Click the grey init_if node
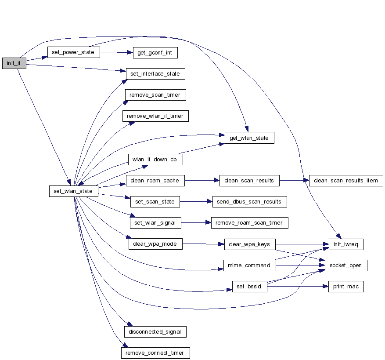pos(14,63)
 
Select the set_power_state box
pos(73,53)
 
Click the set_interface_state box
pos(155,74)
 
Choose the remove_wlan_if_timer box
pos(155,116)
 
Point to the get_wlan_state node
pos(249,138)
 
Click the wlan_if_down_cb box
pos(155,159)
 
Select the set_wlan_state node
pos(73,191)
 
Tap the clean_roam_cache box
pos(155,180)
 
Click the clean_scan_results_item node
pos(346,181)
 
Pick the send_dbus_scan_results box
pos(249,202)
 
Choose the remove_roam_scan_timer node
pos(249,223)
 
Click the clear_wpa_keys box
pos(249,244)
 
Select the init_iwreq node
pos(346,244)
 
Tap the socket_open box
pos(345,265)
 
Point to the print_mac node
pos(346,287)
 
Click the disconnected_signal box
pos(155,332)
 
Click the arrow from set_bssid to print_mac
pos(299,287)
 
